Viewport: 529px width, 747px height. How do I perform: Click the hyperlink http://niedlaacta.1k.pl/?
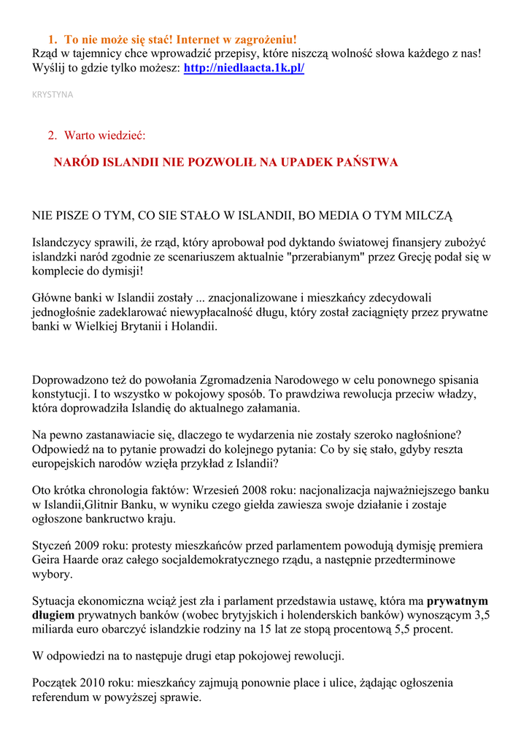point(244,68)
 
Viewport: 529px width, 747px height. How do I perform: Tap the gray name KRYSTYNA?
point(53,95)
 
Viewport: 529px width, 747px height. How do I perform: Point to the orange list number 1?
point(52,39)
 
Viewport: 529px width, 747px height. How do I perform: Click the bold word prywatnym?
point(457,601)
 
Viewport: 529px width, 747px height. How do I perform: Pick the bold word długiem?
point(54,615)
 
